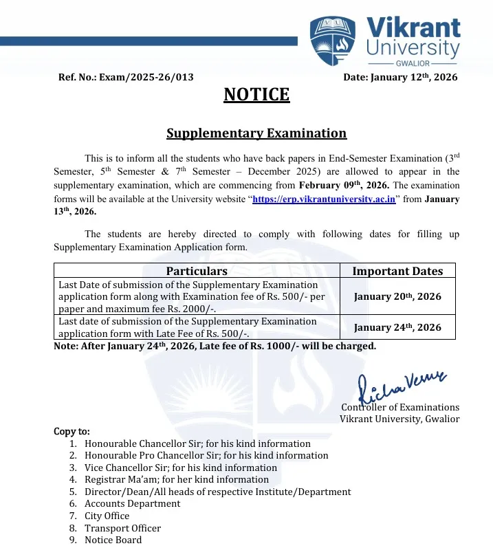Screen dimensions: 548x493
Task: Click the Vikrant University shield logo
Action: tap(333, 40)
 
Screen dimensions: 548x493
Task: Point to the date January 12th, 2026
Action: tap(414, 78)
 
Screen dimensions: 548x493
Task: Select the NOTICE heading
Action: tap(256, 95)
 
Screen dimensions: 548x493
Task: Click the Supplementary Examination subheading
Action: tap(256, 133)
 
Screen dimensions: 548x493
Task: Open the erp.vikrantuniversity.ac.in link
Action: tap(324, 199)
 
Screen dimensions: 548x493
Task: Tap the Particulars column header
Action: tap(197, 271)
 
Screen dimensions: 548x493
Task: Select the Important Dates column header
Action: tap(397, 271)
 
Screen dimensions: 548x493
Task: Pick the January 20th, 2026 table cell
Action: tap(397, 297)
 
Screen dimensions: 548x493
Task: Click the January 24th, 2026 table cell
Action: tap(397, 327)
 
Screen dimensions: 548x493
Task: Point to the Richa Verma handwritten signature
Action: tap(401, 385)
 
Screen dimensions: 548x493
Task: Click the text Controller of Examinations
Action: tap(400, 407)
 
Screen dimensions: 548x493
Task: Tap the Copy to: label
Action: tap(72, 432)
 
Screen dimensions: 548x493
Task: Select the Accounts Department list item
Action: tap(132, 503)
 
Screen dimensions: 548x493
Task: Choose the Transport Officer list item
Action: tap(122, 528)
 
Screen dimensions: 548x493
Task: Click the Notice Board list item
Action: tap(113, 540)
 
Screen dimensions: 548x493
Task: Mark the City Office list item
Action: tap(107, 516)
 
